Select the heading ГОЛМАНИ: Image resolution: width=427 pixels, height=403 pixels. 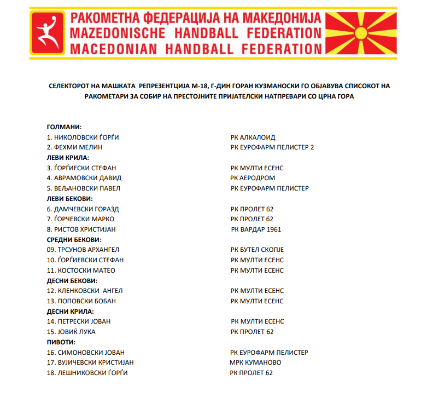[65, 127]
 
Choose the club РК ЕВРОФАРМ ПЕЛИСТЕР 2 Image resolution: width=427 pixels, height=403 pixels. [272, 147]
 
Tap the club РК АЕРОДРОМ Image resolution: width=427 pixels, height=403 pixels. [253, 178]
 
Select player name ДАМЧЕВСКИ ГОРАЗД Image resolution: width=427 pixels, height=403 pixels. [86, 209]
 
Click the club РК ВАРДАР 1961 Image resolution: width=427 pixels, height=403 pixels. [256, 229]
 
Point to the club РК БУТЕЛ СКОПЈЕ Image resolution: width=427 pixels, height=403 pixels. [257, 250]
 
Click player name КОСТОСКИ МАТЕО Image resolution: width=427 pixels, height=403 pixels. [85, 270]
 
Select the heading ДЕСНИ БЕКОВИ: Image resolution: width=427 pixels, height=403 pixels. [72, 281]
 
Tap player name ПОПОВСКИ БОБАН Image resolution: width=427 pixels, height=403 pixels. [85, 301]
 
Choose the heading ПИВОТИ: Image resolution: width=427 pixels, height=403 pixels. [61, 342]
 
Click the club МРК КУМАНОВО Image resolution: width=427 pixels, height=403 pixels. [255, 362]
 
